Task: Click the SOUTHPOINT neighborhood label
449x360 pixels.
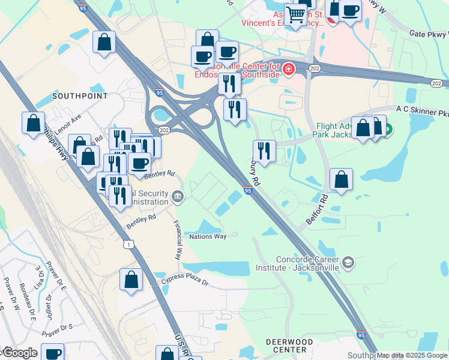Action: click(x=80, y=96)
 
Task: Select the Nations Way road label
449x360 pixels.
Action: click(x=208, y=236)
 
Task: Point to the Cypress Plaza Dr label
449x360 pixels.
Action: click(x=184, y=282)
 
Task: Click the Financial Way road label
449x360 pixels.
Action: click(x=178, y=239)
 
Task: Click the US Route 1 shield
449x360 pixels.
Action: click(x=128, y=244)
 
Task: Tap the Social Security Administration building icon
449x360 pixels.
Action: click(x=178, y=196)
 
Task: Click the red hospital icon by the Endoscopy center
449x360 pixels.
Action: click(x=289, y=70)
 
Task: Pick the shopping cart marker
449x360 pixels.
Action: click(x=295, y=14)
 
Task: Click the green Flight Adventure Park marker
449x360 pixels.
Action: click(x=388, y=128)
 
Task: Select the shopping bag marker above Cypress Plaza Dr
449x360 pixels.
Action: click(x=131, y=280)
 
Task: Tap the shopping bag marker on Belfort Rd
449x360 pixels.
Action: click(x=341, y=179)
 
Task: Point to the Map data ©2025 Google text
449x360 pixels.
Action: click(x=412, y=355)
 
